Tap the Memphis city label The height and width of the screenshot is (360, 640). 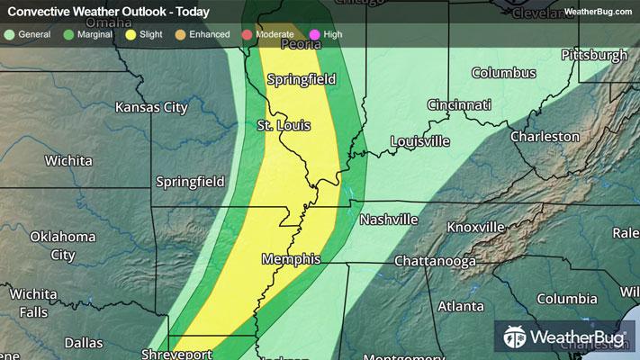291,259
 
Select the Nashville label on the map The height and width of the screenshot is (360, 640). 389,220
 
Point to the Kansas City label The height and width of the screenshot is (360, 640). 151,107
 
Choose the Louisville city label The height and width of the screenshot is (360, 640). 419,141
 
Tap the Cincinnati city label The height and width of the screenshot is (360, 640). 459,105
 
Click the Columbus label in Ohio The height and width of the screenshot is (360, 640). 504,73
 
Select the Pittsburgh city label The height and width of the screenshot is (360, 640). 593,56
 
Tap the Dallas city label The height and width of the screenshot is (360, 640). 84,343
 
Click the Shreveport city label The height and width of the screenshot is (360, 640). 176,354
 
